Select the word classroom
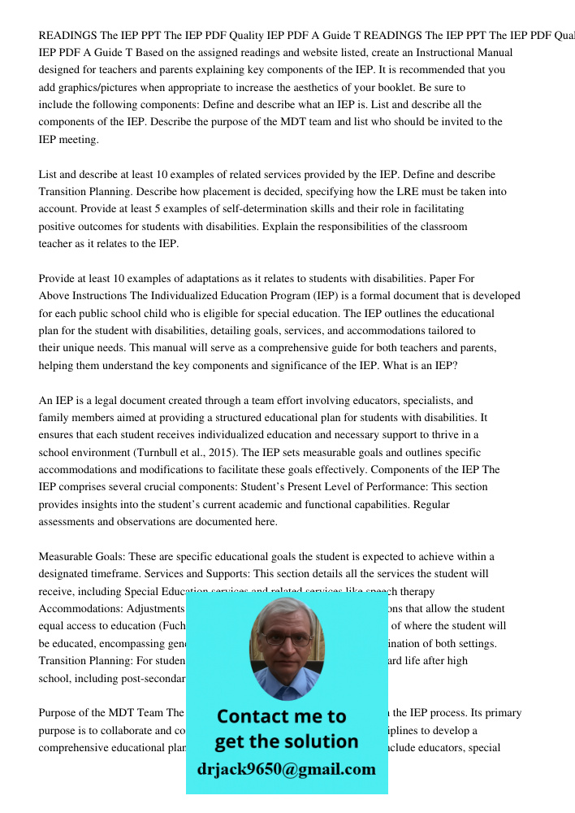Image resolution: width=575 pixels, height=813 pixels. [440, 226]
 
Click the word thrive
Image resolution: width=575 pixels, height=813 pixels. [436, 435]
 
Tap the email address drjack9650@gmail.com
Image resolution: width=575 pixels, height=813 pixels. [286, 769]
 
